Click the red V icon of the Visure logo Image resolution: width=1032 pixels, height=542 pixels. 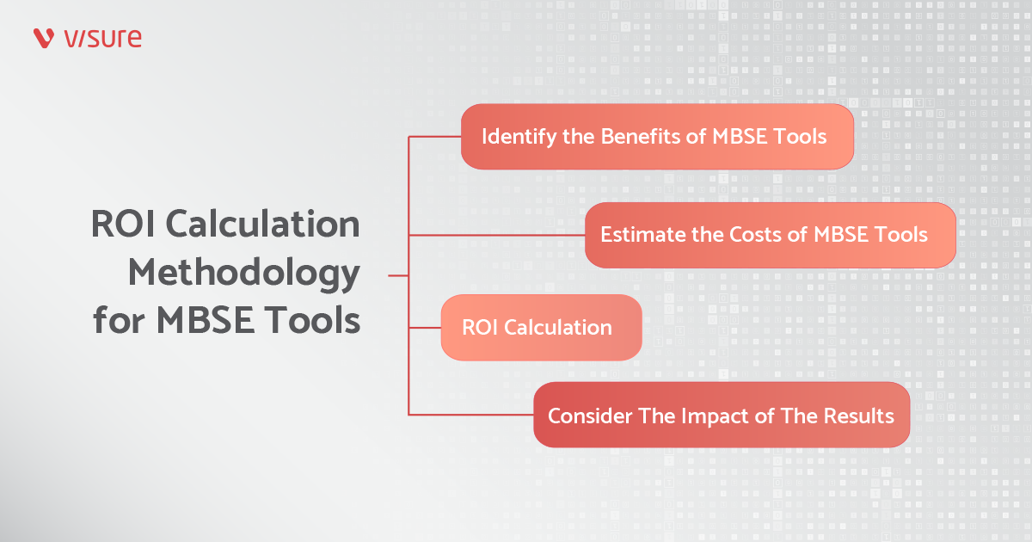coord(44,38)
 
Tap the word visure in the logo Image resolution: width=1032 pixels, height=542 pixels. coord(102,38)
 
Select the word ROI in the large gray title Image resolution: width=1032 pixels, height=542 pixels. coord(122,224)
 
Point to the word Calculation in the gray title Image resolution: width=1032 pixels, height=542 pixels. coord(262,224)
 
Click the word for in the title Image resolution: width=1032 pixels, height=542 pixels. coord(119,319)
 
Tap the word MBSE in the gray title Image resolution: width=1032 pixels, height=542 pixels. coord(206,319)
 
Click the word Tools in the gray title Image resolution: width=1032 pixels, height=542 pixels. coord(312,319)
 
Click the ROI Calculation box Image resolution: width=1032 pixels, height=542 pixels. coord(541,328)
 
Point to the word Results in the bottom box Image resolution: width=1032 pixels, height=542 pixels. coord(859,416)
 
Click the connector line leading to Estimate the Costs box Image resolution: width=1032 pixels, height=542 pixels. coord(497,236)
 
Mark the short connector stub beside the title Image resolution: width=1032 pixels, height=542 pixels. coord(398,275)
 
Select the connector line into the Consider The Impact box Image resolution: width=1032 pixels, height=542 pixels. coord(471,415)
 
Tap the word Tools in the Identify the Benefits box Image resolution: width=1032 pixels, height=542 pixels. coord(799,137)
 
